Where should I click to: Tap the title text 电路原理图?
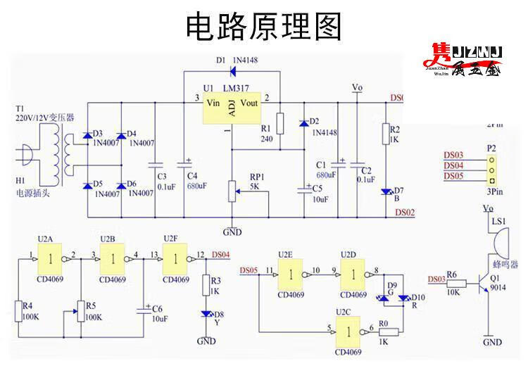[264, 27]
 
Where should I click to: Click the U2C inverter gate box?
[349, 329]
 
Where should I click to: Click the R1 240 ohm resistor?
[280, 123]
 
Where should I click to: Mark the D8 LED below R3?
[206, 313]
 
